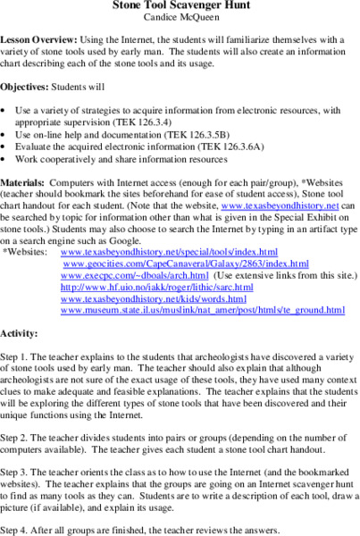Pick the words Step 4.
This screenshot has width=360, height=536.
19,529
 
